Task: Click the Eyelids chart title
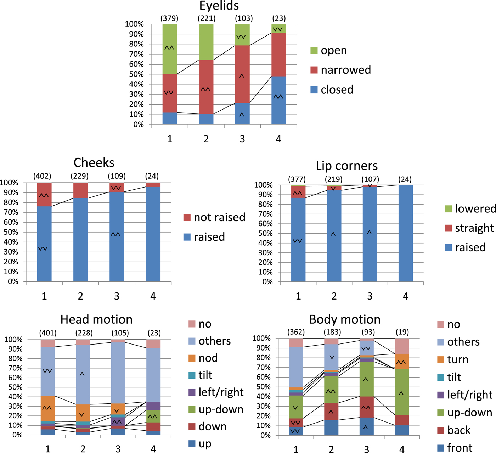[x=219, y=6]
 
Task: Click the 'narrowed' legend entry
[x=345, y=70]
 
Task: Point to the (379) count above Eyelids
[x=169, y=18]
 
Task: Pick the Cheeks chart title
[x=94, y=163]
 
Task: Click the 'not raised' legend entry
[x=219, y=217]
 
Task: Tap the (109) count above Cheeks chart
[x=117, y=176]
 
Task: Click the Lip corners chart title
[x=346, y=166]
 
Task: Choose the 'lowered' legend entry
[x=475, y=209]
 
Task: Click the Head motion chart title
[x=96, y=320]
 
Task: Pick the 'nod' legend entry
[x=208, y=358]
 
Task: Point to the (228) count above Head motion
[x=84, y=333]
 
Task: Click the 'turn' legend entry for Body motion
[x=457, y=360]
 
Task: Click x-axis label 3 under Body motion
[x=367, y=449]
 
